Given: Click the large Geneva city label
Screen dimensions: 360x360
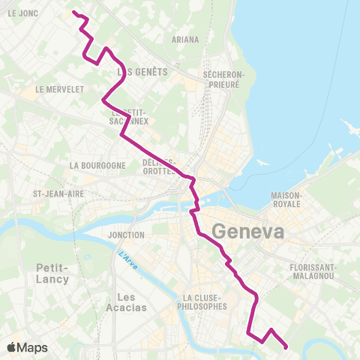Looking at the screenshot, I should pyautogui.click(x=248, y=232).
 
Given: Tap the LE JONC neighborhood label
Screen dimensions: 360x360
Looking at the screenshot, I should pyautogui.click(x=22, y=13).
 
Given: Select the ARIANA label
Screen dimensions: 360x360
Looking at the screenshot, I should pyautogui.click(x=185, y=40).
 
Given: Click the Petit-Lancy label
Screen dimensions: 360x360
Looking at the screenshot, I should pyautogui.click(x=52, y=273).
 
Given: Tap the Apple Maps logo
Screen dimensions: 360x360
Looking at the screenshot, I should pyautogui.click(x=27, y=347).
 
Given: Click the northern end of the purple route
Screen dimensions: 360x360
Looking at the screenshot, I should pyautogui.click(x=73, y=12).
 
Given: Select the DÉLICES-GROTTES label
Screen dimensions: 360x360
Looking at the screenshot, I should pyautogui.click(x=159, y=166).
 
